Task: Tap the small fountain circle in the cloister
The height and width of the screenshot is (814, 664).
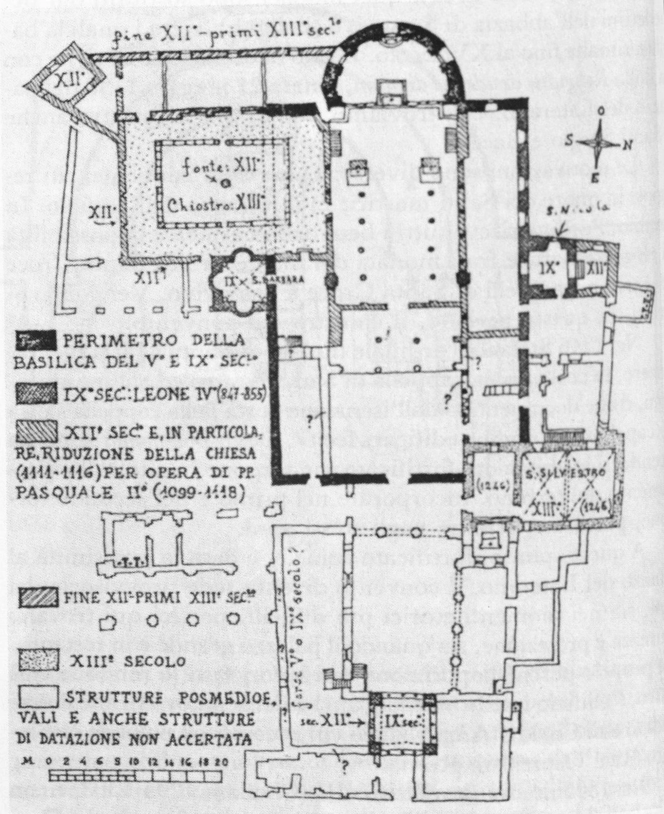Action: [x=225, y=183]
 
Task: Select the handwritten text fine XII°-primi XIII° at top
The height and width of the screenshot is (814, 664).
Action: [x=202, y=36]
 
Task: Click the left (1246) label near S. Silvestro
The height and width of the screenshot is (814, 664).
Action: [x=485, y=483]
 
